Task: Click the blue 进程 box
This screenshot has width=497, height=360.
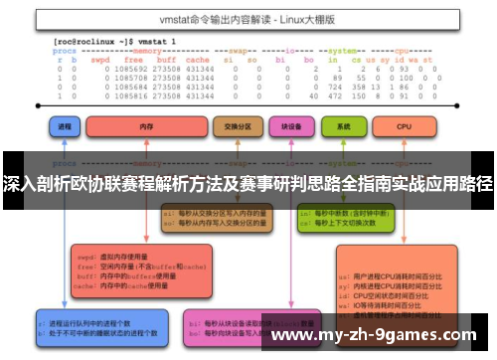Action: [68, 128]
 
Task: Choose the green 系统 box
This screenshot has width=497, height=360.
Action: [344, 128]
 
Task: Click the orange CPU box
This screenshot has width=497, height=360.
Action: [403, 128]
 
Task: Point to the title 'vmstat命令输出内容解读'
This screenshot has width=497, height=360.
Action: [230, 19]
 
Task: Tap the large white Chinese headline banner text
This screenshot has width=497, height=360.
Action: [248, 185]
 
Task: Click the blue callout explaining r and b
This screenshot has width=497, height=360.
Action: [94, 326]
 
